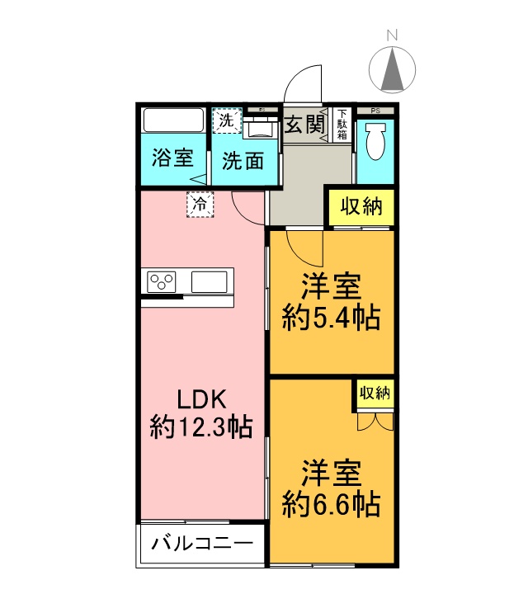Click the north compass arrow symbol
tap(394, 69)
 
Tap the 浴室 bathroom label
tap(173, 158)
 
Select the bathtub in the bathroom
tap(173, 120)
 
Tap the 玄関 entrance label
tap(304, 125)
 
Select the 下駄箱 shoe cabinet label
tap(342, 125)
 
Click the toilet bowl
tap(375, 141)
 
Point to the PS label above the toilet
tap(375, 110)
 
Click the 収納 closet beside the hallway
tap(362, 207)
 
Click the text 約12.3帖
tap(200, 427)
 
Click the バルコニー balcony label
tap(202, 544)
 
